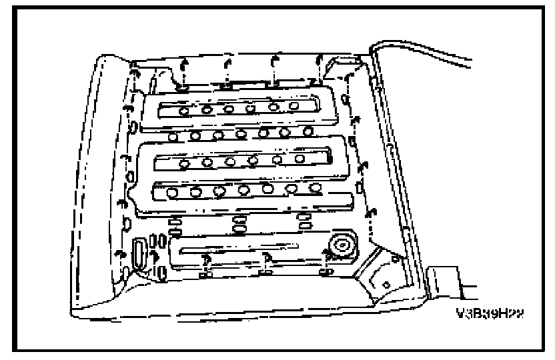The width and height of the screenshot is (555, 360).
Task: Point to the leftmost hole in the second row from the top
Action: (x=173, y=137)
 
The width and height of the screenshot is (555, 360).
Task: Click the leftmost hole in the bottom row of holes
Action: (x=173, y=194)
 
